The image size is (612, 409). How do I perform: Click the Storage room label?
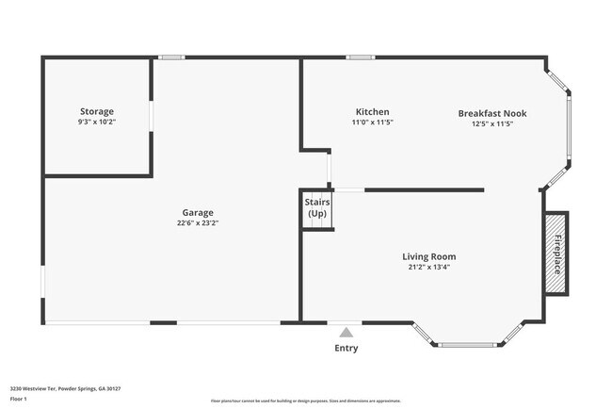coord(97,111)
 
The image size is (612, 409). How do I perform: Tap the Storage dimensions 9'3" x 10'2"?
coord(97,122)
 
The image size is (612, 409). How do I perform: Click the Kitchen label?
coord(372,111)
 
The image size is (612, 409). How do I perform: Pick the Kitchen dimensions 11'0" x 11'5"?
coord(372,122)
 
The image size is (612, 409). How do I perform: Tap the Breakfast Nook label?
coord(492,113)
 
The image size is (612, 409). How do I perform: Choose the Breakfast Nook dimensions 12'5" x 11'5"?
coord(492,123)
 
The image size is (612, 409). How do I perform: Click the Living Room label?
coord(429,256)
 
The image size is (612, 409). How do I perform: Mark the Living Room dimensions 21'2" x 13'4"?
coord(429,267)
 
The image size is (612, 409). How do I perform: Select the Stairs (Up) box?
coord(317,208)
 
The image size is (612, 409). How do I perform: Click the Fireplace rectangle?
coord(556,253)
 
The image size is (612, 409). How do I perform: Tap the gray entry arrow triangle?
coord(346,332)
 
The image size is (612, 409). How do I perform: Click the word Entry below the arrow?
coord(346,348)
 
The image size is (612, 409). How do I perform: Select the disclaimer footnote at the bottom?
coord(305,401)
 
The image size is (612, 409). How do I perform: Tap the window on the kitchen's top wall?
coord(359,57)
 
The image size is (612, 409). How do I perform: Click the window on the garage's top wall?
coord(170,57)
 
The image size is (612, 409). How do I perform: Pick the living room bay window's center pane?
coord(468,345)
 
